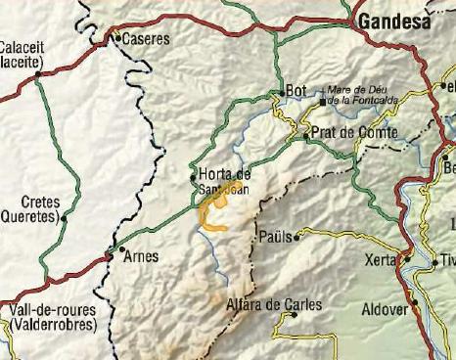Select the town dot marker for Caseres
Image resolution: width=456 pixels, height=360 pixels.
point(116,39)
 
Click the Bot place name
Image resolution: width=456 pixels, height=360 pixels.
point(296,91)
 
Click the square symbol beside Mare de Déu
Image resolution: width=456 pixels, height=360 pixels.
point(322,99)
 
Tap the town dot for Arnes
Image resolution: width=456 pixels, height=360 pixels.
point(119,250)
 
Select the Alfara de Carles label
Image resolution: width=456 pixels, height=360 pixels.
point(274,305)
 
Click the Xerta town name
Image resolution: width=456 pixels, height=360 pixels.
point(379,260)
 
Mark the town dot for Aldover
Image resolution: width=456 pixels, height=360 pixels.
point(414,302)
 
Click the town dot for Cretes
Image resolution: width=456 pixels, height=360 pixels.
point(64,218)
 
